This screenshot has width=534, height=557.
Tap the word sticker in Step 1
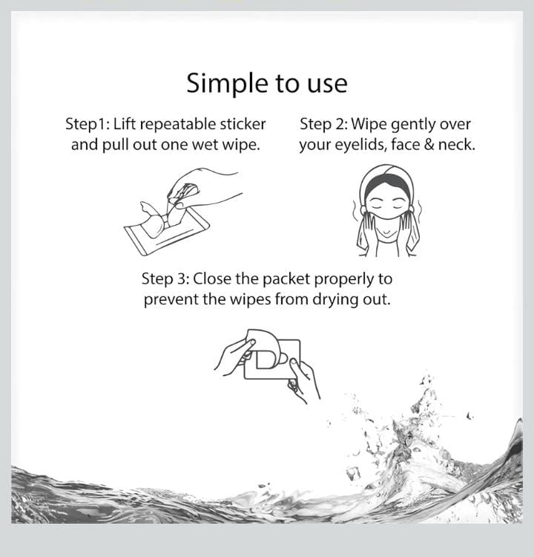[x=243, y=124]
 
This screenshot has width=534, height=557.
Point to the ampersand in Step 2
[x=429, y=145]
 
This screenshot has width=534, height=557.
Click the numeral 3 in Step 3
[x=181, y=279]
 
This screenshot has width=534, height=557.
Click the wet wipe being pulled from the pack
[x=156, y=221]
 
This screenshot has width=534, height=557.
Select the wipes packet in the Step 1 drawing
[x=167, y=231]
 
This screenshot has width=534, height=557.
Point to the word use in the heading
[x=328, y=85]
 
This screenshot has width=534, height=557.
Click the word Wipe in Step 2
[x=369, y=125]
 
